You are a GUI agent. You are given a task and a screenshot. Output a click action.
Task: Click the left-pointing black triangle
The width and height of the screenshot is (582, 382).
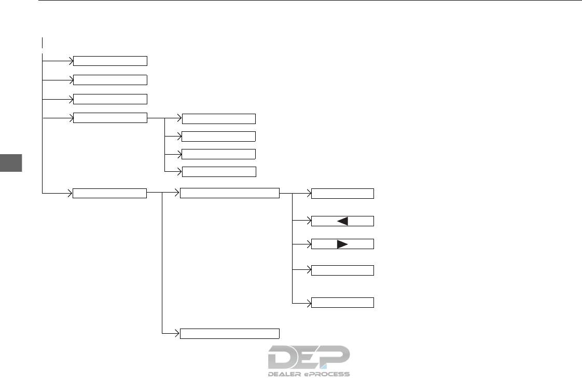click(342, 221)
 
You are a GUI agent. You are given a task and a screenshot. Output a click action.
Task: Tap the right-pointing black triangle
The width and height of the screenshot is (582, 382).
click(342, 244)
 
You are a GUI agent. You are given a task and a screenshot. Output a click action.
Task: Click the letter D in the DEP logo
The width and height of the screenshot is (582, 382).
click(283, 357)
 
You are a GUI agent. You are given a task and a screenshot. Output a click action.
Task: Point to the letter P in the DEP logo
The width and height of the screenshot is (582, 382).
click(337, 357)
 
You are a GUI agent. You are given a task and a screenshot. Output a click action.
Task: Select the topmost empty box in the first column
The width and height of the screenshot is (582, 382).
click(110, 61)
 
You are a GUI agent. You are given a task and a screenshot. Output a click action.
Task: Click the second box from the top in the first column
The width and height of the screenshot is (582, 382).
click(110, 80)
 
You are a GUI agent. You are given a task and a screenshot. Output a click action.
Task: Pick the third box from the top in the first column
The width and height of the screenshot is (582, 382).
click(110, 99)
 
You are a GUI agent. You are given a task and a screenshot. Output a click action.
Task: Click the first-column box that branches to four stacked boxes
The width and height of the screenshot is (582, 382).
click(110, 118)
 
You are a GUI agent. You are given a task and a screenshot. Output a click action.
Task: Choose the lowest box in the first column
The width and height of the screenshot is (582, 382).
click(110, 194)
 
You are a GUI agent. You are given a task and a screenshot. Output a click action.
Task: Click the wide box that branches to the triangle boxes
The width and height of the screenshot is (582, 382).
click(229, 194)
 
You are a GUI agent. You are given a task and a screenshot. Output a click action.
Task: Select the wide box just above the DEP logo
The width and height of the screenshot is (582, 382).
click(229, 333)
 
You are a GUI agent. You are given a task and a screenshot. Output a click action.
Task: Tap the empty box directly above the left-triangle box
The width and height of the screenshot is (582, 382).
click(342, 194)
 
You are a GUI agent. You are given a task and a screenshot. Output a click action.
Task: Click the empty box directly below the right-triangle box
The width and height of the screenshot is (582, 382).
click(342, 270)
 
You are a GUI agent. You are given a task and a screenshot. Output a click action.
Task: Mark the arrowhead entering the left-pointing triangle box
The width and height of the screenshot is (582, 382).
click(308, 221)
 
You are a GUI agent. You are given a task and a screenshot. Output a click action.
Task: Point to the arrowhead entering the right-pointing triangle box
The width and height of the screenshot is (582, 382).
click(308, 244)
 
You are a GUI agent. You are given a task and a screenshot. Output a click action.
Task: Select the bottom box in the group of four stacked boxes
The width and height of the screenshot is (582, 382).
click(219, 171)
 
